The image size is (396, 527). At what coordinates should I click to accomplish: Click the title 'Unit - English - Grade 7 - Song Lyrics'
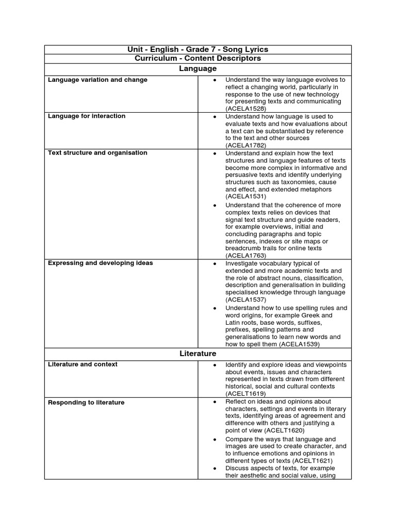[x=198, y=49]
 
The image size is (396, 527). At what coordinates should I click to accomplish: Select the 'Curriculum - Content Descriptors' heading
[x=198, y=58]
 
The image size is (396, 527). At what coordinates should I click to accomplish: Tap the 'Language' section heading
[x=198, y=68]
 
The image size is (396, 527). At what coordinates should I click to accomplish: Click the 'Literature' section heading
[x=198, y=354]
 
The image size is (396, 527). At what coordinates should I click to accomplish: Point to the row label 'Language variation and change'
[x=97, y=80]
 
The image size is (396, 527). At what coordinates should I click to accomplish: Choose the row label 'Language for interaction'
[x=87, y=116]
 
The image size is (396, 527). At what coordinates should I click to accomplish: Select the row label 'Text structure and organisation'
[x=97, y=152]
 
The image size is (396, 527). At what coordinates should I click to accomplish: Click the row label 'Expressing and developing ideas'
[x=100, y=263]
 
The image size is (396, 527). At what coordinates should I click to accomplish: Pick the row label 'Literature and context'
[x=82, y=364]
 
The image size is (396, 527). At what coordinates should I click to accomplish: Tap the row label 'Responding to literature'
[x=86, y=402]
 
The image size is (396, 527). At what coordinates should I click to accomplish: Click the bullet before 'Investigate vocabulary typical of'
[x=214, y=263]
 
